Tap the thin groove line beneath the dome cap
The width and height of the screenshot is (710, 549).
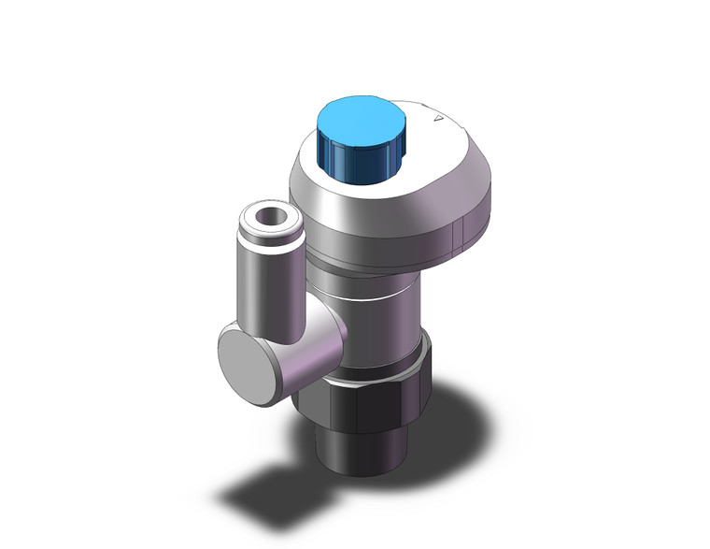(374, 260)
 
